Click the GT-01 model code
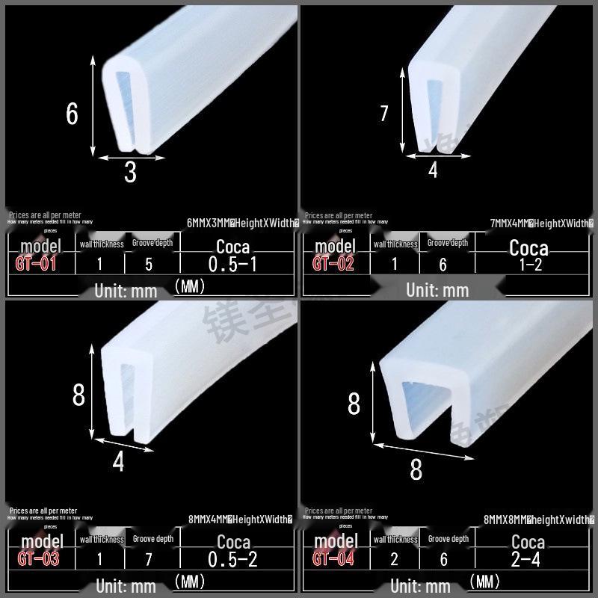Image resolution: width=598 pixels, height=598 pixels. [36, 264]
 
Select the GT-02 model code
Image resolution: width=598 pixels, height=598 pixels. [333, 263]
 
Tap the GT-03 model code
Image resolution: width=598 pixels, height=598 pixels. [37, 558]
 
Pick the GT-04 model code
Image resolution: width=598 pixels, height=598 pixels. [333, 558]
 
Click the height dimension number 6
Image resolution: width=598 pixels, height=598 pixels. [72, 114]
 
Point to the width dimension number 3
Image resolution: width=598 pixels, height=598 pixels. [131, 173]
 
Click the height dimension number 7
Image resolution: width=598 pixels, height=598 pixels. [384, 114]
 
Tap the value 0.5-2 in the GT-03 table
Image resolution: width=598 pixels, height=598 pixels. [233, 560]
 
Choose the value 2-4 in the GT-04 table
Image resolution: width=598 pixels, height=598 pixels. [528, 559]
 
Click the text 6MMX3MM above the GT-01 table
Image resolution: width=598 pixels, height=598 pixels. [210, 223]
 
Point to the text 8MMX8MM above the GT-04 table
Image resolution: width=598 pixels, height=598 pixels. [506, 518]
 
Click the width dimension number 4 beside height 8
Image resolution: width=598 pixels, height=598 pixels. [118, 462]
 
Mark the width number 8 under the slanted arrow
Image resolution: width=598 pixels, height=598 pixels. [416, 469]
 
